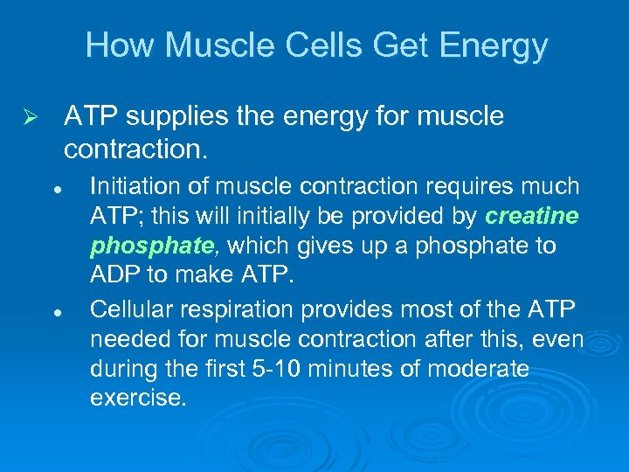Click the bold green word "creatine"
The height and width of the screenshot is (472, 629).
pyautogui.click(x=532, y=216)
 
